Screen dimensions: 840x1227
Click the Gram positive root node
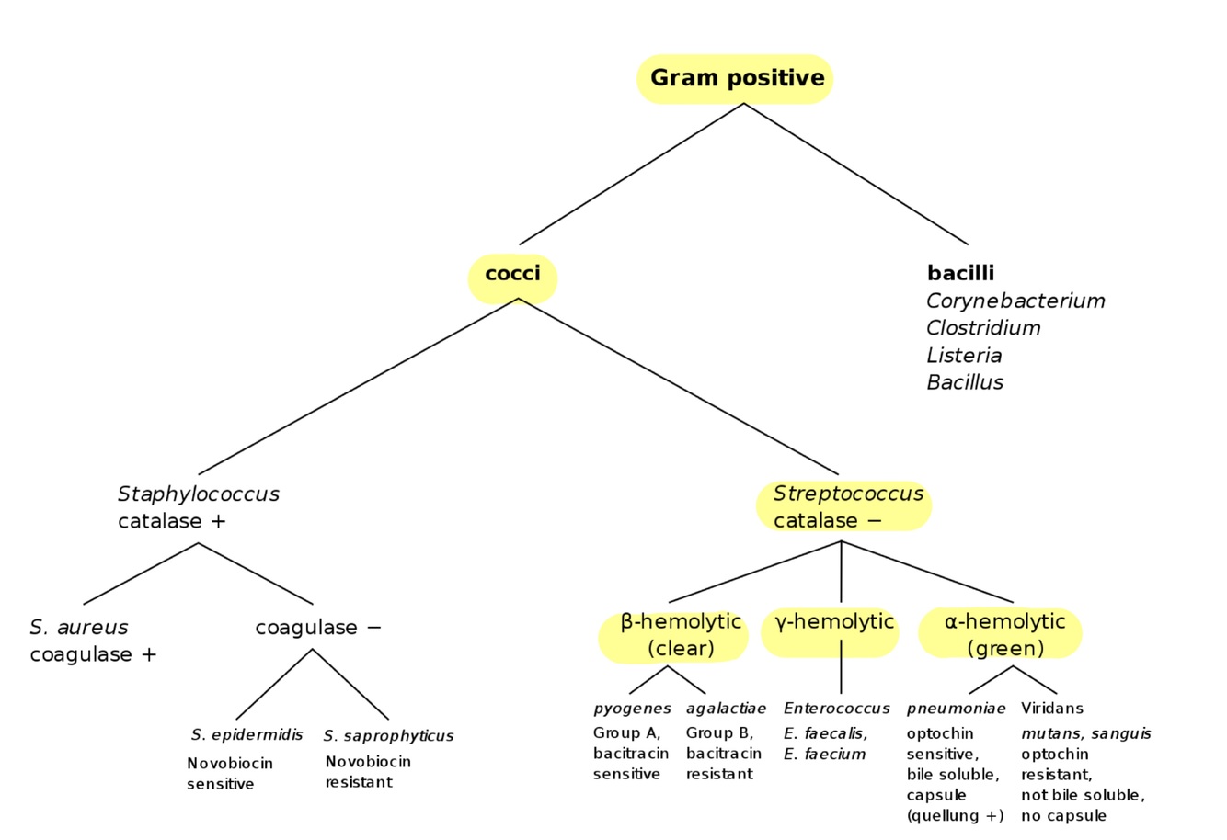(736, 78)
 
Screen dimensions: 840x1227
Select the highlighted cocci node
(513, 275)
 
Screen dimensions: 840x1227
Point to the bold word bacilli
(960, 273)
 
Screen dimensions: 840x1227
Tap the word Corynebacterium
(1015, 301)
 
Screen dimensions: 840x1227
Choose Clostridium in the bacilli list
(983, 328)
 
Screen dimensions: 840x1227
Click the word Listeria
(964, 356)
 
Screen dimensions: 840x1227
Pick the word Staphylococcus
(199, 494)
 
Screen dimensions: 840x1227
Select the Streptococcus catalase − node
(843, 506)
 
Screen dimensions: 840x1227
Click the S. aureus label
(79, 628)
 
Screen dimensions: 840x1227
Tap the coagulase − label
(318, 628)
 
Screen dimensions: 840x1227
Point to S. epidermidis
(247, 735)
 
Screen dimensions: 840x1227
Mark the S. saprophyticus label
(388, 736)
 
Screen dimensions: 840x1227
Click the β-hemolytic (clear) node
(680, 634)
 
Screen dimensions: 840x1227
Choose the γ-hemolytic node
(834, 622)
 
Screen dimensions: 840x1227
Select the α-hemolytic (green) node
(1004, 634)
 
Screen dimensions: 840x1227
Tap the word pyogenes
(632, 709)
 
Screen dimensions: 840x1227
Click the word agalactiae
(726, 709)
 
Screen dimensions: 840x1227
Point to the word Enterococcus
(836, 709)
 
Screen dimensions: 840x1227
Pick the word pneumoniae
(956, 709)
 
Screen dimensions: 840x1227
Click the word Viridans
(1051, 709)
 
